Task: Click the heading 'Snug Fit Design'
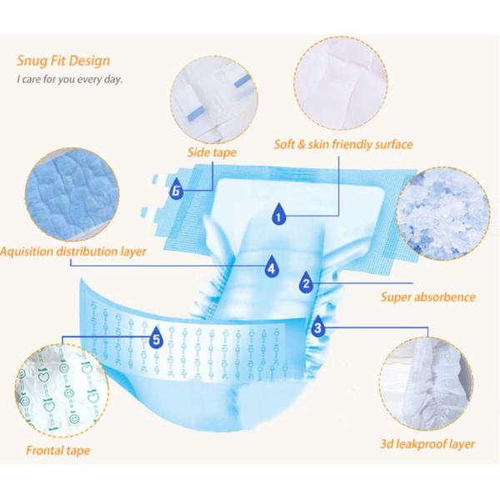62,61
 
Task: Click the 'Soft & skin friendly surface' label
343,144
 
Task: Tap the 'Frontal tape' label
57,451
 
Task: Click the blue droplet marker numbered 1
277,215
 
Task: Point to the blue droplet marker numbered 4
271,268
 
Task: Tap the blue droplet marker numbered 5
156,337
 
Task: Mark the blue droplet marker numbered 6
176,189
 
